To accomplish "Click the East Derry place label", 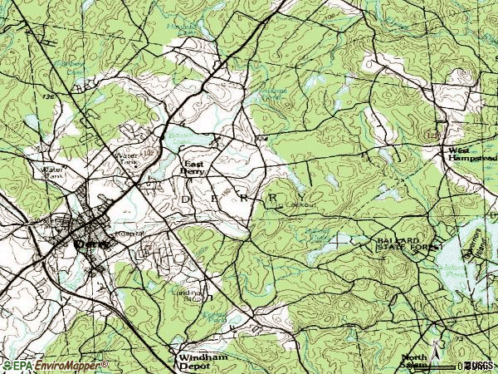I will [194, 167].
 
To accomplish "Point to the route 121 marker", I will [431, 134].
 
